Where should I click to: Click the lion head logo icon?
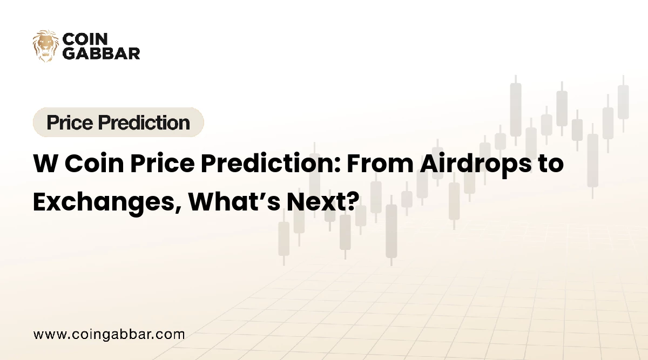click(x=45, y=46)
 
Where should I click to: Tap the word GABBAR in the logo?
click(x=102, y=53)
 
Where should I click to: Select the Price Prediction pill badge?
click(x=118, y=123)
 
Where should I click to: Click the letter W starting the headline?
click(x=44, y=164)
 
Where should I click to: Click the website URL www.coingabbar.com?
click(x=109, y=334)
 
